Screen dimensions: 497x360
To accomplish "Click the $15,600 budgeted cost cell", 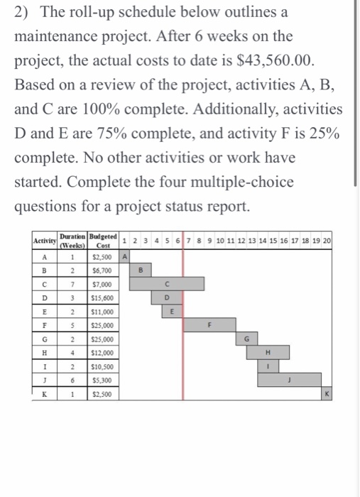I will point(102,297).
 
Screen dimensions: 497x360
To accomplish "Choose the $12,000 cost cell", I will point(102,352).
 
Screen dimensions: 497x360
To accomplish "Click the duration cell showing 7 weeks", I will point(72,284).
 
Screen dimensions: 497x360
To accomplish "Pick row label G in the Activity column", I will point(45,339).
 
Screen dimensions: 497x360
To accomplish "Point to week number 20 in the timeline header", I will point(327,241).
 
